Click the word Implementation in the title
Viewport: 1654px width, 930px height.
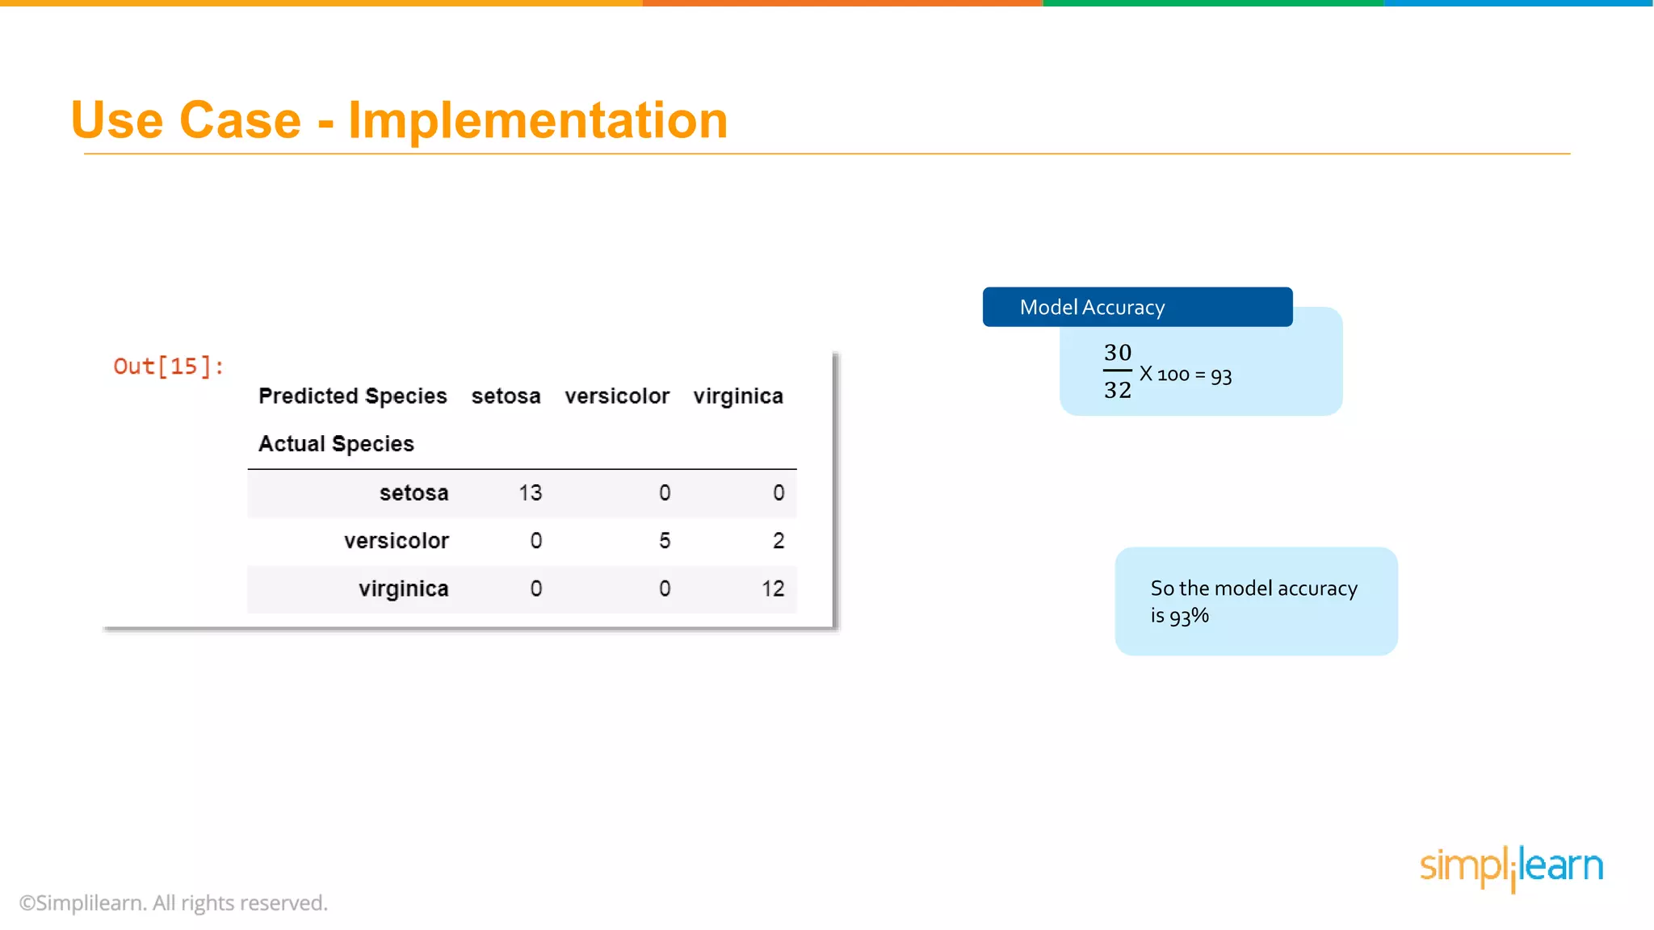pyautogui.click(x=538, y=121)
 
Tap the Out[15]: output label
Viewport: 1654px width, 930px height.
pyautogui.click(x=168, y=367)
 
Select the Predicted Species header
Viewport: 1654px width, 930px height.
pyautogui.click(x=352, y=396)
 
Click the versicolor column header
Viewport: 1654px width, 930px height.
pyautogui.click(x=617, y=396)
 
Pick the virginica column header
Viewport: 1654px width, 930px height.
pyautogui.click(x=738, y=396)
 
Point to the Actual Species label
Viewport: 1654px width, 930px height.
pyautogui.click(x=336, y=444)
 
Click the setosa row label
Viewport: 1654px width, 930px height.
pyautogui.click(x=413, y=492)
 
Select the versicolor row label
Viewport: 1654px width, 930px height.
pyautogui.click(x=396, y=541)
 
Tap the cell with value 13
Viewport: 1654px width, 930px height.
pyautogui.click(x=530, y=492)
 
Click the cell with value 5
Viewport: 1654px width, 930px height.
pyautogui.click(x=665, y=541)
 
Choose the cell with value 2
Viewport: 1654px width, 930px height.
pyautogui.click(x=779, y=541)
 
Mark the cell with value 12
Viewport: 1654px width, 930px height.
pyautogui.click(x=773, y=589)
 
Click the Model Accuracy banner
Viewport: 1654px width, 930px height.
pyautogui.click(x=1136, y=308)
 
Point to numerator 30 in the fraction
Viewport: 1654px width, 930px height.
pyautogui.click(x=1118, y=353)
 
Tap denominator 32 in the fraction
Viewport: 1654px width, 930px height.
pyautogui.click(x=1118, y=390)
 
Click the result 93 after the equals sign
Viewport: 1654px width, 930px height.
pyautogui.click(x=1221, y=376)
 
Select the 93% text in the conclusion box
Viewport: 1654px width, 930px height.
pyautogui.click(x=1189, y=617)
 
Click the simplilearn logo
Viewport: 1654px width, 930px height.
pyautogui.click(x=1511, y=867)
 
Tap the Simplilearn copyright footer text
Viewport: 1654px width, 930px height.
pyautogui.click(x=174, y=903)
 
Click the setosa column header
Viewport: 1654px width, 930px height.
pyautogui.click(x=506, y=396)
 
